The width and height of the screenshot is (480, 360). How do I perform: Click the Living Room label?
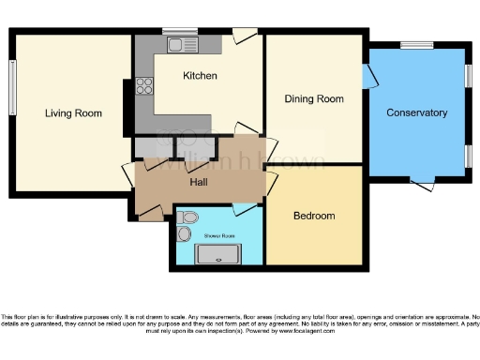(73, 113)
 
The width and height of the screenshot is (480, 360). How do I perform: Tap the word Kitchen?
(200, 76)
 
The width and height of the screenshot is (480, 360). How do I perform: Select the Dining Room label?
(314, 98)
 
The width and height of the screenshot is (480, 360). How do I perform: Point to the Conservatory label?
(416, 112)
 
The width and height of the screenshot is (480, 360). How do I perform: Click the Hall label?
(199, 183)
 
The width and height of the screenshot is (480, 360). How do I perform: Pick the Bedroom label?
(314, 216)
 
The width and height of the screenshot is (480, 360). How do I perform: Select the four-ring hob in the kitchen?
(145, 87)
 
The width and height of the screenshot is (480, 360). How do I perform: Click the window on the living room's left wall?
(13, 89)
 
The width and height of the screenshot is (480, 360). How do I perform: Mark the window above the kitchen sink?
(179, 31)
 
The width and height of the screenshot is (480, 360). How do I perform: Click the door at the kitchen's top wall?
(245, 37)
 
